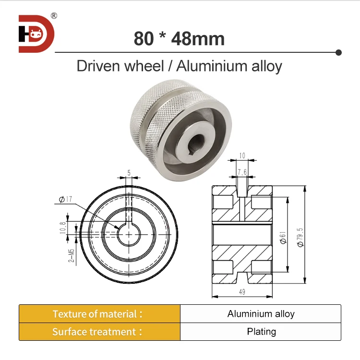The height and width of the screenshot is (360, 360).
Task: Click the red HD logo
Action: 36,34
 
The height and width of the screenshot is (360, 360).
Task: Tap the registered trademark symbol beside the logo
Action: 54,15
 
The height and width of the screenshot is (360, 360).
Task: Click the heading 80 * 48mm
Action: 179,38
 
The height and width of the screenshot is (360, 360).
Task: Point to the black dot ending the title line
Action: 338,52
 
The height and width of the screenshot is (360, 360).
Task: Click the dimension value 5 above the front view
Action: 129,172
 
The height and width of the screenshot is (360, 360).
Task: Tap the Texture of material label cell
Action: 99,314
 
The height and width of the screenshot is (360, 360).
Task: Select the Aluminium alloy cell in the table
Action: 261,314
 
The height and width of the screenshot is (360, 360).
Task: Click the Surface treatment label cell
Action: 99,332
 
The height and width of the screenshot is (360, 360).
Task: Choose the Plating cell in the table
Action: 261,332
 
